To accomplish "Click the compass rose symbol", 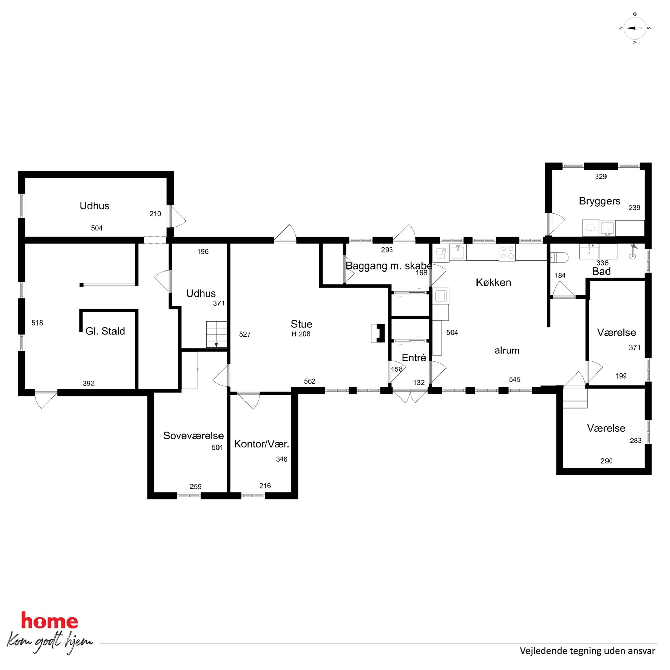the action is coord(635,28).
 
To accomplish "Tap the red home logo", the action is coord(50,621).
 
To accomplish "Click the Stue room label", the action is coord(301,324).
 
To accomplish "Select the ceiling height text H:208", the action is coord(301,334).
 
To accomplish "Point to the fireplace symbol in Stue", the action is coord(378,333).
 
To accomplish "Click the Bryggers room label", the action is coord(600,201).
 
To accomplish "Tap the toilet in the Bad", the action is coord(559,257).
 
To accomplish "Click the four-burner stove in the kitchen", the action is coord(507,253).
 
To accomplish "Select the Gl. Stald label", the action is coord(105,331).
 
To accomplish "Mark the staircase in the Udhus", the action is coord(216,334).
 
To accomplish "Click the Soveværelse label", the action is coord(194,436).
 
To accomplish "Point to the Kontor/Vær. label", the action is coord(261,444).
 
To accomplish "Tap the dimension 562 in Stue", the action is coord(310,381).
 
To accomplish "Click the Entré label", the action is coord(414,358).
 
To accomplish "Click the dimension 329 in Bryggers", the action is coord(601,177).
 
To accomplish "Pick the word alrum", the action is coord(507,350).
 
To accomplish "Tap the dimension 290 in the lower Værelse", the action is coord(607,461).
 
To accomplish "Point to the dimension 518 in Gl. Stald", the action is coord(37,323).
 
